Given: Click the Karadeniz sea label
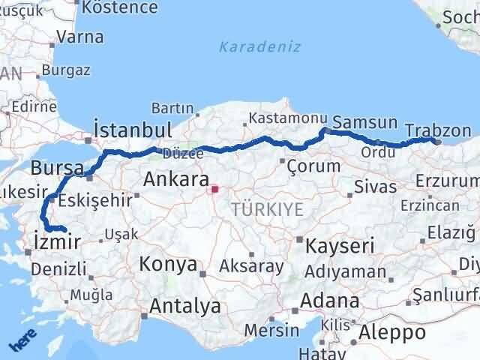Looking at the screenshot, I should pyautogui.click(x=259, y=46).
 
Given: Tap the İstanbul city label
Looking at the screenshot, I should pyautogui.click(x=133, y=129).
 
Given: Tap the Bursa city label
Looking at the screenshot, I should pyautogui.click(x=57, y=168).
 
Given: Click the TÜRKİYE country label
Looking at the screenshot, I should pyautogui.click(x=268, y=210).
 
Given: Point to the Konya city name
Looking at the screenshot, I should pyautogui.click(x=169, y=265).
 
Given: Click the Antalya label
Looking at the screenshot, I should pyautogui.click(x=185, y=305).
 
